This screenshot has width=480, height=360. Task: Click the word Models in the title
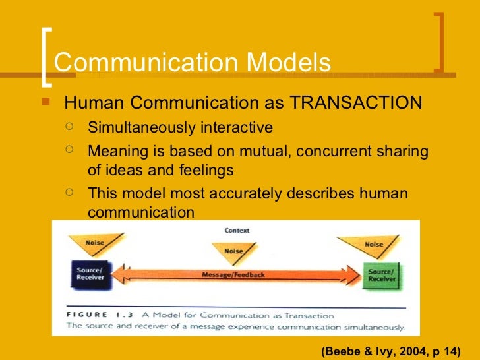point(288,63)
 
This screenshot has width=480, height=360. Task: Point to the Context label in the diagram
point(236,231)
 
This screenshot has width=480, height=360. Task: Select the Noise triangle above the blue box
point(95,243)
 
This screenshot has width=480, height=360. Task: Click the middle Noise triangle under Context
point(234,251)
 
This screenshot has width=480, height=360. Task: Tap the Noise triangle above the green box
point(373,245)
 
